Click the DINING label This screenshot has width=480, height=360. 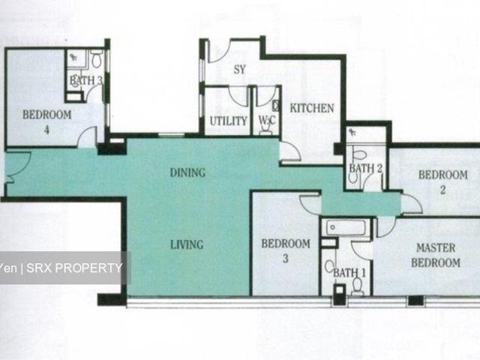pos(187,172)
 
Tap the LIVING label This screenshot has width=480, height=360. pos(187,244)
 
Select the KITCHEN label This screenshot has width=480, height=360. pos(312,108)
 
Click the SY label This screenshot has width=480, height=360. pos(240,70)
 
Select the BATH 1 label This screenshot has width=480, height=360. pos(346,272)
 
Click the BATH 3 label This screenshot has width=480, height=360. pos(85,80)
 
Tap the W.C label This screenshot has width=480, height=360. pos(267,121)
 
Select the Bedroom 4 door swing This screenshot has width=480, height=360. pos(88,137)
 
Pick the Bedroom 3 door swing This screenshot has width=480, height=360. pos(310,204)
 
